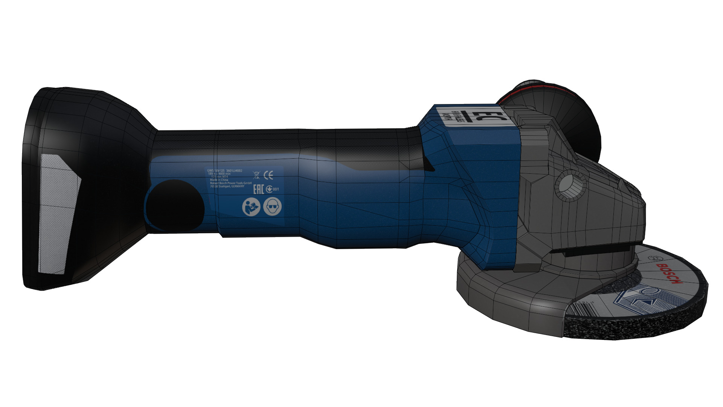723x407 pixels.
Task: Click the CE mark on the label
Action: pyautogui.click(x=268, y=175)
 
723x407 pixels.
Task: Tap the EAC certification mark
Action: pyautogui.click(x=258, y=189)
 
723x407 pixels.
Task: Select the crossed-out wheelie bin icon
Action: pyautogui.click(x=256, y=175)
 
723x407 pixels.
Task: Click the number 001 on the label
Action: pyautogui.click(x=276, y=189)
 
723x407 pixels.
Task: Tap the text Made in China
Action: pyautogui.click(x=219, y=180)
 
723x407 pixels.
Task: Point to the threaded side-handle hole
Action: pyautogui.click(x=568, y=185)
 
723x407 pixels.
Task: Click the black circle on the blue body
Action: pyautogui.click(x=175, y=205)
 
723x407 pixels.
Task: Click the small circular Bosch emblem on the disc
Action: pyautogui.click(x=653, y=258)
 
